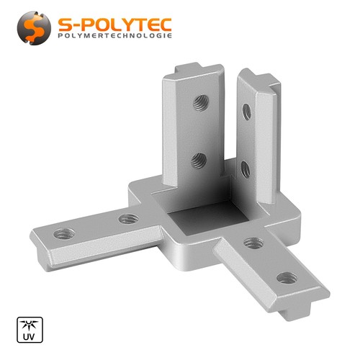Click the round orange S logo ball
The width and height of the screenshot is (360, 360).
click(x=34, y=28)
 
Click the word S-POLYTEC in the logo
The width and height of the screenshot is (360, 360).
click(x=115, y=24)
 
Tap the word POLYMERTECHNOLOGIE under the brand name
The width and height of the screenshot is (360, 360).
click(x=115, y=36)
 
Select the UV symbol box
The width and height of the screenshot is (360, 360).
click(x=30, y=330)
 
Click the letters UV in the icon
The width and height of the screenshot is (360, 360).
click(x=29, y=336)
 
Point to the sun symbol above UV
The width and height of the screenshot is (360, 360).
click(x=29, y=325)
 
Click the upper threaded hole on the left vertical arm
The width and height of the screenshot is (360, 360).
click(x=201, y=103)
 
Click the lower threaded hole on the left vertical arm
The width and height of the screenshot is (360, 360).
click(x=199, y=161)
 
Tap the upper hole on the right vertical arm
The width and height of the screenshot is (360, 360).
click(x=247, y=112)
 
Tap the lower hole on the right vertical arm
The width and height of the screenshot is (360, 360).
click(x=246, y=169)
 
